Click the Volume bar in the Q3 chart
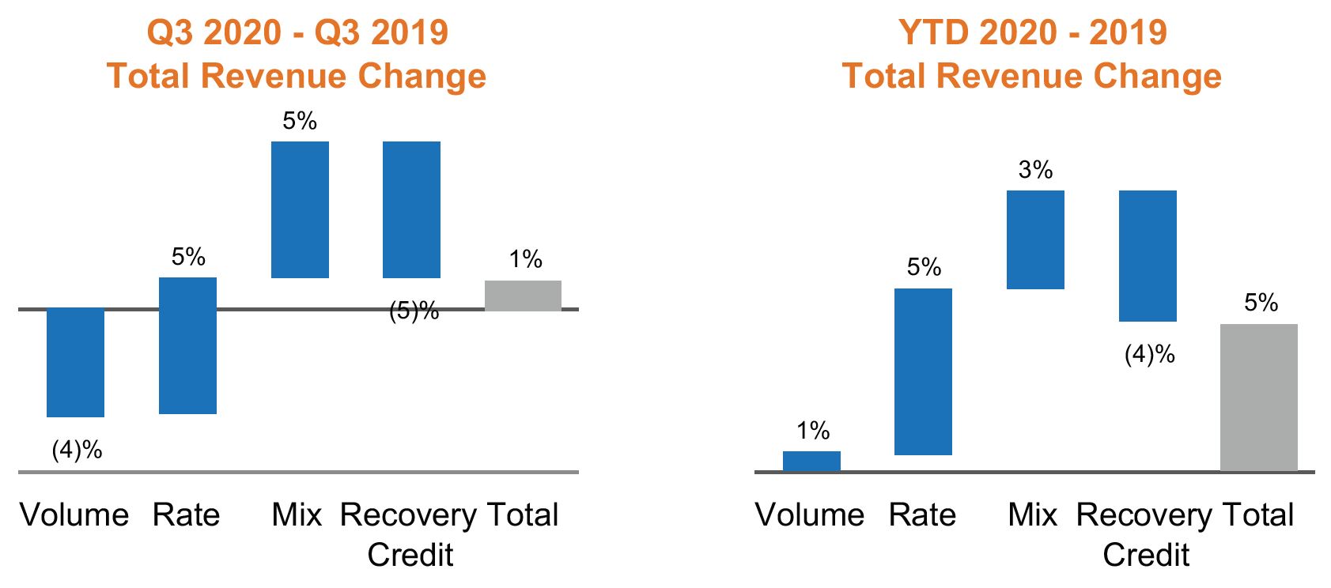pos(75,362)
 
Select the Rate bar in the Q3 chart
pos(187,345)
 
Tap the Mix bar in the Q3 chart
pos(300,209)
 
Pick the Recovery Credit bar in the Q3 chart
pos(411,209)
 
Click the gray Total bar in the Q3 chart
pos(523,296)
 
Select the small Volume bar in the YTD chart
pos(811,461)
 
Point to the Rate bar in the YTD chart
pos(923,371)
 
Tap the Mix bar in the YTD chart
pos(1035,239)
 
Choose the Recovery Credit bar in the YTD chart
pos(1148,255)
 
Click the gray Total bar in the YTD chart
pos(1258,397)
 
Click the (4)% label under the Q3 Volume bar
pos(77,450)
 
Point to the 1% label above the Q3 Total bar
pos(525,259)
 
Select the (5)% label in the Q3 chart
pos(414,311)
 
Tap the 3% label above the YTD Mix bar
pos(1035,170)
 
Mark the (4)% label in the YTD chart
pos(1149,354)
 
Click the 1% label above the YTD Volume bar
pos(812,431)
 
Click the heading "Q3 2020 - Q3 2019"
pos(297,32)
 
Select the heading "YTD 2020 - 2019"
pos(1032,32)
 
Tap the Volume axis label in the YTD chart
pos(809,515)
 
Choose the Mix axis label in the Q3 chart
pos(297,515)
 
